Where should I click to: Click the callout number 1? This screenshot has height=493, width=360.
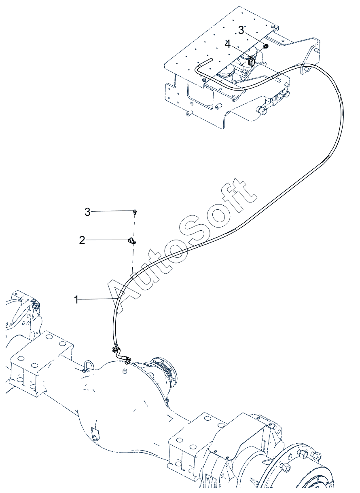(x=76, y=299)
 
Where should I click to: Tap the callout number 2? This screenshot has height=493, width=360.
(x=82, y=240)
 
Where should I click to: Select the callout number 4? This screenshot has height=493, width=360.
(x=228, y=44)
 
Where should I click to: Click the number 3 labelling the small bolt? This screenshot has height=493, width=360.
(x=87, y=212)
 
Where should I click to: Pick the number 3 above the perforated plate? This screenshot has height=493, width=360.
(x=241, y=30)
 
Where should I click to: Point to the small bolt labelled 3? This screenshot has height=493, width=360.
(x=134, y=212)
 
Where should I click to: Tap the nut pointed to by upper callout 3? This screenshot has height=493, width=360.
(x=266, y=46)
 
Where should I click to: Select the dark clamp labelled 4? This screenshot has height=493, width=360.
(x=251, y=61)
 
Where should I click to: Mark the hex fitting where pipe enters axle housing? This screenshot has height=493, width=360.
(x=127, y=361)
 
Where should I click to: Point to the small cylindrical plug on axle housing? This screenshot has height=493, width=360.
(x=125, y=371)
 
